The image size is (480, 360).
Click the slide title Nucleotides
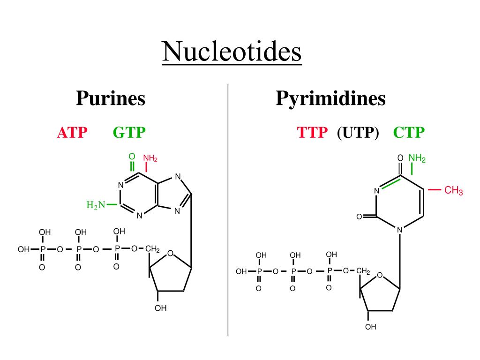[232, 52]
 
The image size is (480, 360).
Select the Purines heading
[111, 99]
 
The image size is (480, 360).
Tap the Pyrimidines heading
[330, 99]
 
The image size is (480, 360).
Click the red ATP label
[72, 133]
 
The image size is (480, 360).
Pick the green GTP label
[129, 133]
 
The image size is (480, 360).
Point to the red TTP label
[312, 133]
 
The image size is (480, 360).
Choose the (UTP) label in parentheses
[358, 133]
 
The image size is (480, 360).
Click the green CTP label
[409, 133]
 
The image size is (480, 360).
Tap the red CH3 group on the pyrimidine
[453, 191]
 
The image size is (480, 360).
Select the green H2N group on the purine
[95, 205]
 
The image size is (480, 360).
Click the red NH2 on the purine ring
[150, 158]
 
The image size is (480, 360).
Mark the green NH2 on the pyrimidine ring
[417, 158]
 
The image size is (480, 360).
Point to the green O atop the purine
[132, 156]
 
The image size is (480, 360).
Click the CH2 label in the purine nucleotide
[152, 249]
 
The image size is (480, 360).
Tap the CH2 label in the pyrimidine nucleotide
[363, 271]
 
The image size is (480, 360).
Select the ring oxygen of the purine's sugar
[170, 254]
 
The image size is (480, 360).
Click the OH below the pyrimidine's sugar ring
[371, 327]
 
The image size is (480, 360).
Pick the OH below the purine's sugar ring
[161, 308]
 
